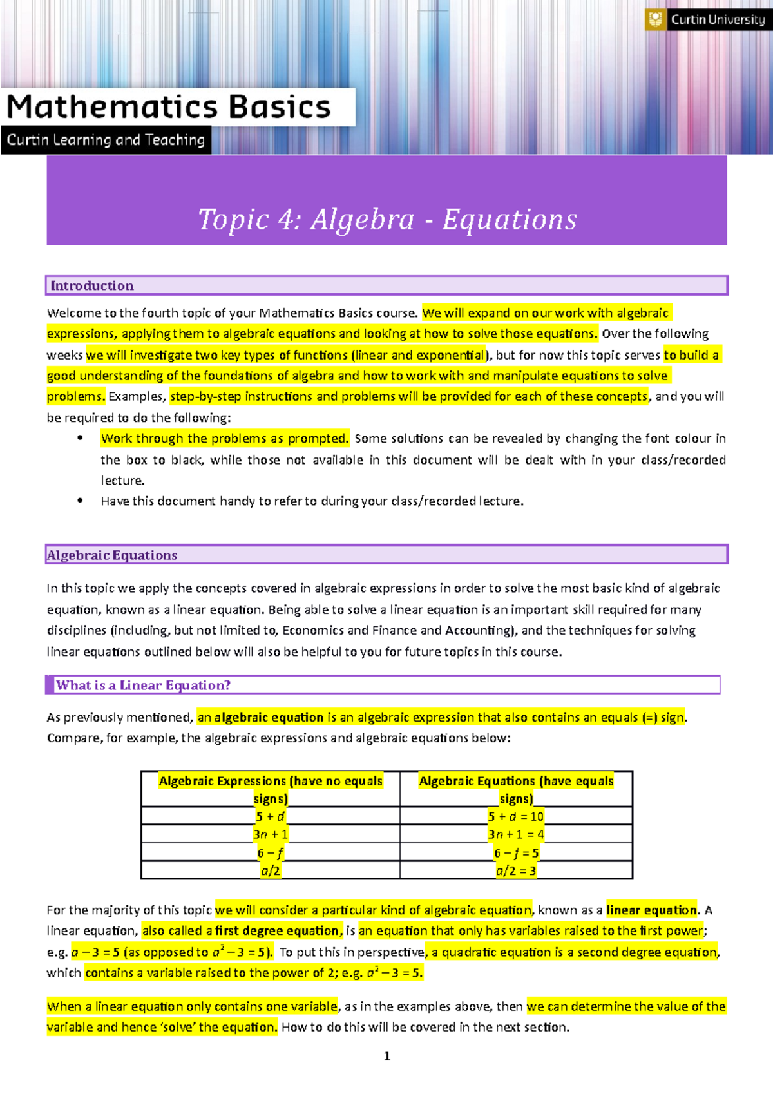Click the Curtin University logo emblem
(x=656, y=19)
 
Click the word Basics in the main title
(x=280, y=107)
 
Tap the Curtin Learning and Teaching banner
(x=106, y=140)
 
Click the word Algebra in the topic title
(x=362, y=220)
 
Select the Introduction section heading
(x=92, y=285)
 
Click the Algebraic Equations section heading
(x=112, y=555)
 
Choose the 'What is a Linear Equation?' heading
(x=143, y=685)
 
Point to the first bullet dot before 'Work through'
(x=80, y=438)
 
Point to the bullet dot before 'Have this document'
(x=80, y=501)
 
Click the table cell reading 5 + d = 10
(x=516, y=816)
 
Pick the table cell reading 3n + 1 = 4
(x=516, y=834)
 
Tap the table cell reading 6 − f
(x=271, y=853)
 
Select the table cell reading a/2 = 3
(x=516, y=871)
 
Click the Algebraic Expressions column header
(x=271, y=789)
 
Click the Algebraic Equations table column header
(x=516, y=789)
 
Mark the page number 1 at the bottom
(x=387, y=1056)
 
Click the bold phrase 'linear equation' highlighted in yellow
(x=652, y=910)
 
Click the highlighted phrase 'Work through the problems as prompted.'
(x=225, y=438)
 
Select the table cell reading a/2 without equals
(x=271, y=871)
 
